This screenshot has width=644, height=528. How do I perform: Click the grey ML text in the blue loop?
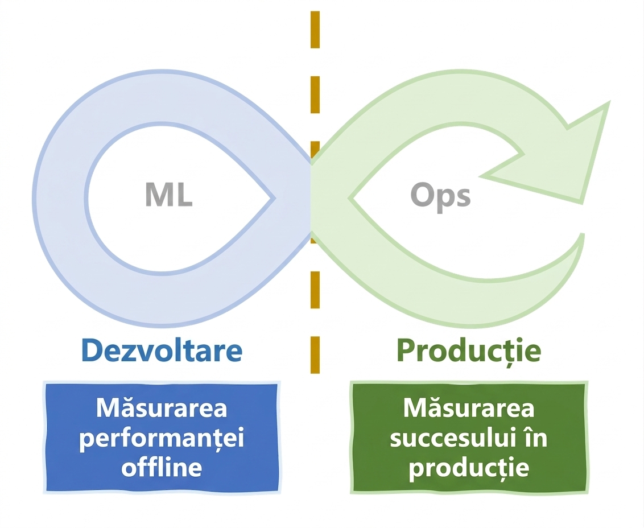(169, 195)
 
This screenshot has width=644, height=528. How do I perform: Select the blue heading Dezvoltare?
(162, 350)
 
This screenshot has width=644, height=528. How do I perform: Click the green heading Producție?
(469, 351)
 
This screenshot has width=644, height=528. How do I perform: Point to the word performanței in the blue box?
(162, 439)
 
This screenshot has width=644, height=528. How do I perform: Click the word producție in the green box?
(469, 468)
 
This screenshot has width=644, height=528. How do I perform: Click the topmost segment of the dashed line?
(315, 30)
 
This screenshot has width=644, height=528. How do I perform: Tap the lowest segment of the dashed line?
(315, 355)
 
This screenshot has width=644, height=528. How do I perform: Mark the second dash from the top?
(315, 94)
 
